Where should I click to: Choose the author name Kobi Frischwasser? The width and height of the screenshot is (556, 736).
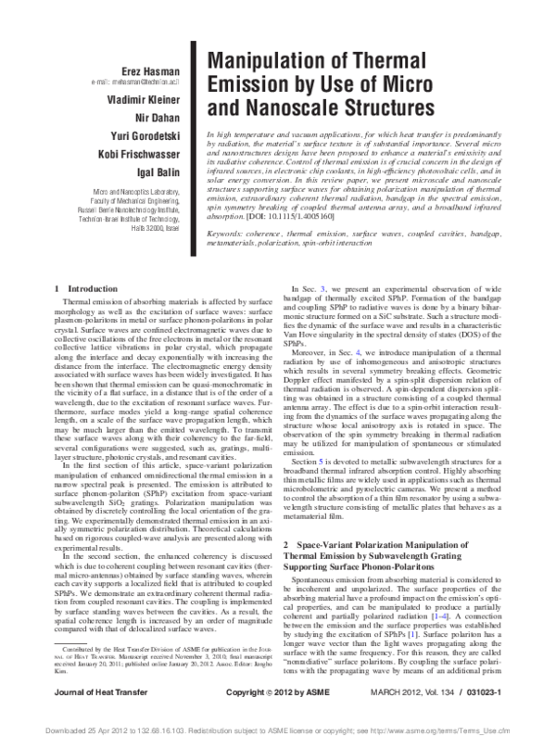[x=142, y=154]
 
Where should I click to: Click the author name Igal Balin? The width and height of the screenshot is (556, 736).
[x=158, y=172]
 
